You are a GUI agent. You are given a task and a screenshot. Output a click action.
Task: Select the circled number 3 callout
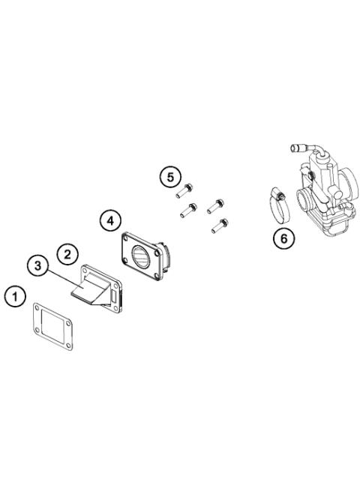pyautogui.click(x=37, y=266)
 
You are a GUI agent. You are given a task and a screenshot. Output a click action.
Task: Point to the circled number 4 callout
pyautogui.click(x=110, y=220)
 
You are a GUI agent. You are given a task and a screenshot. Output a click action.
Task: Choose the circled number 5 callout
pyautogui.click(x=170, y=178)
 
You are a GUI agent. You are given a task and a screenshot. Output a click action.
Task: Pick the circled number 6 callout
pyautogui.click(x=283, y=238)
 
